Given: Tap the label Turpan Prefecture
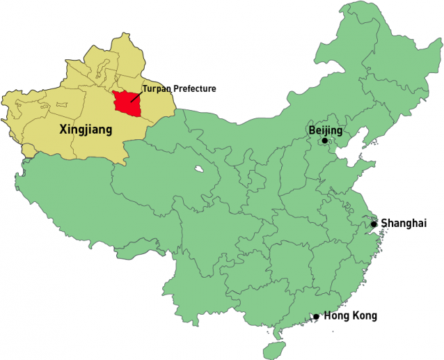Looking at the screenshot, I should click(180, 88).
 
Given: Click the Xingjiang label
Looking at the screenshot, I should click(86, 129).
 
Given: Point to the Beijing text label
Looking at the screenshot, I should click(326, 130).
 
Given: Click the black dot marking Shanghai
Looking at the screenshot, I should click(374, 224).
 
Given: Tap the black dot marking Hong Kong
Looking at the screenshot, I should click(316, 316).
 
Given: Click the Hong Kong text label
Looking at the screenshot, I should click(351, 316).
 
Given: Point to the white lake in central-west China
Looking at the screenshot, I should click(200, 169).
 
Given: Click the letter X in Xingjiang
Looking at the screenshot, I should click(64, 129).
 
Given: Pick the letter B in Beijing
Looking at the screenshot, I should click(312, 130).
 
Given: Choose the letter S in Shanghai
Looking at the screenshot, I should click(385, 224).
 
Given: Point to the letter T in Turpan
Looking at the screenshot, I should click(145, 88).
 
